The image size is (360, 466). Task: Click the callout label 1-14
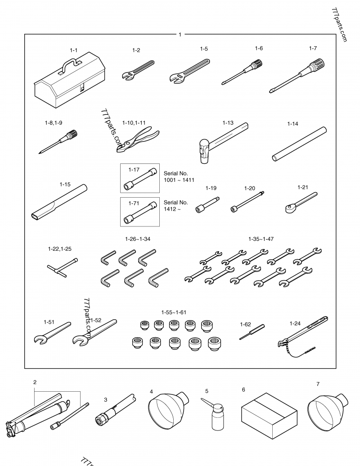coord(293,123)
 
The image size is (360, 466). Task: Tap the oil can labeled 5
coord(216,414)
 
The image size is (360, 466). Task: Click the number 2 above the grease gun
coord(35,382)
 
